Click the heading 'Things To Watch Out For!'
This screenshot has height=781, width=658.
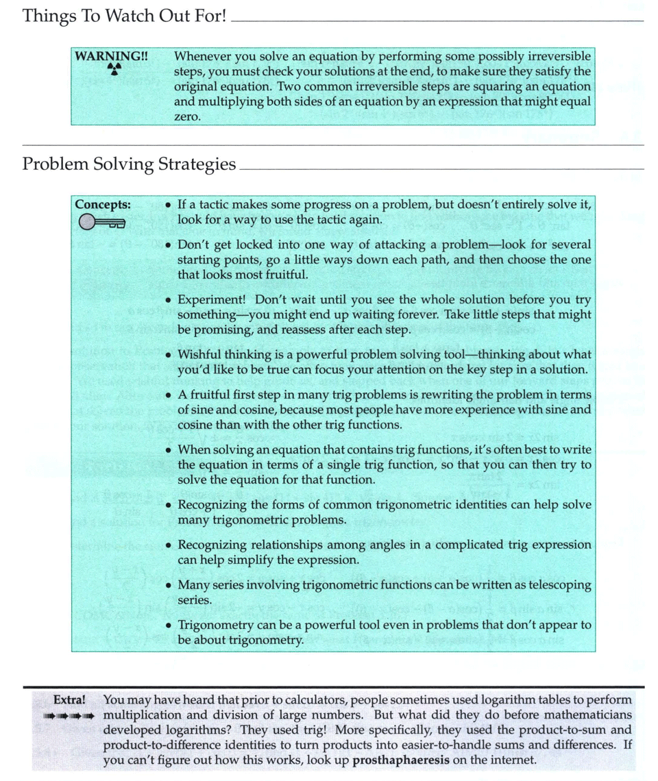(x=124, y=16)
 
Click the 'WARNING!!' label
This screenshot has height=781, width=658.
(x=111, y=56)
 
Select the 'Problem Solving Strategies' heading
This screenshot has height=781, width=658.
(x=129, y=164)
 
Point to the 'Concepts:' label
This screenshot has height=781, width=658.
(x=103, y=205)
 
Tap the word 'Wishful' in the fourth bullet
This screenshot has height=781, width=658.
(x=198, y=355)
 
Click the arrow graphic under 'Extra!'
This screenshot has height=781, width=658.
(x=68, y=716)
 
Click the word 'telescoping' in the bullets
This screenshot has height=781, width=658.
(x=559, y=585)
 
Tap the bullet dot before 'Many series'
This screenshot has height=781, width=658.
(x=169, y=586)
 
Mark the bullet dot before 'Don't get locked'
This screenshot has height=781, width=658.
(x=169, y=245)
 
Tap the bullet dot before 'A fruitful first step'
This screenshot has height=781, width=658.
(x=169, y=395)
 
